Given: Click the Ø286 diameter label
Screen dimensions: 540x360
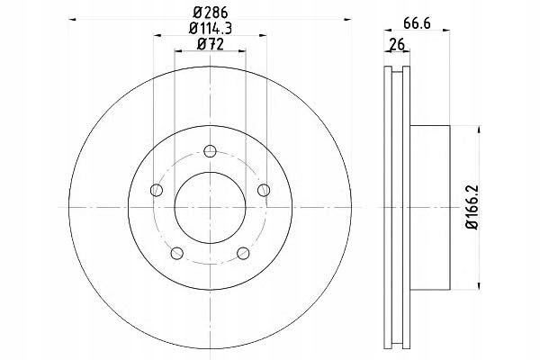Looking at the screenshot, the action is [x=210, y=13].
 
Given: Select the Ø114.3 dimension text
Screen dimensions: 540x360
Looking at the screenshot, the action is [x=210, y=28].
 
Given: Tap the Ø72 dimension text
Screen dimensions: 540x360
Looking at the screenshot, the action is [x=210, y=44].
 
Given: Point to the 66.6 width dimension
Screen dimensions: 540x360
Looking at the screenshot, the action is [x=417, y=23].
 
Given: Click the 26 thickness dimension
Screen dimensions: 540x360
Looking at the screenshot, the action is [x=397, y=44].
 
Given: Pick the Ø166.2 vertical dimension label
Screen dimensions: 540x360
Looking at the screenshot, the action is [x=472, y=207].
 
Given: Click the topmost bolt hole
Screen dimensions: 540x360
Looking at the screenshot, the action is [x=210, y=151].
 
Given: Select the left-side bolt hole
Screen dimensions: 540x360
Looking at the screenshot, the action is [x=157, y=190].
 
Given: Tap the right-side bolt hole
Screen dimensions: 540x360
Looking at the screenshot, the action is [x=264, y=190].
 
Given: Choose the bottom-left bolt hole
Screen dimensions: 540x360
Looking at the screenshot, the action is [x=177, y=253].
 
